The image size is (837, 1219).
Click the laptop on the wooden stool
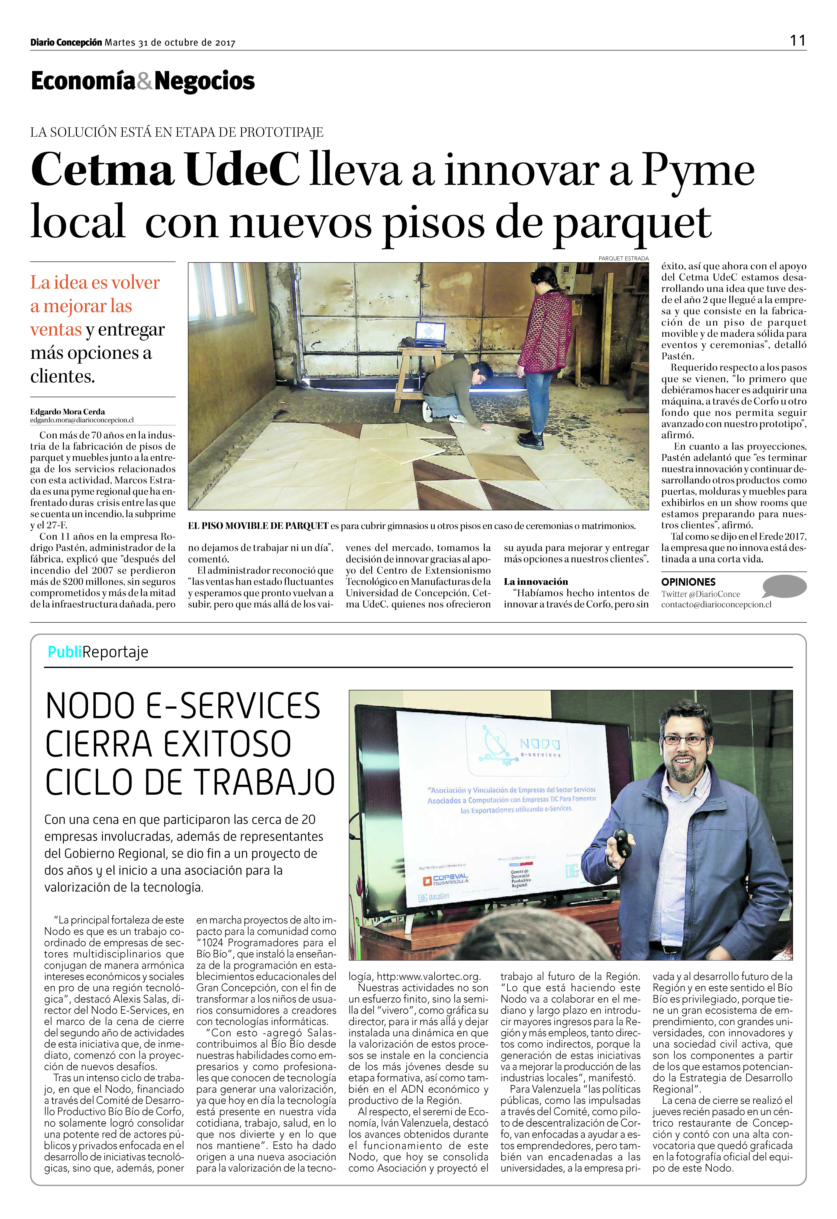click(x=430, y=334)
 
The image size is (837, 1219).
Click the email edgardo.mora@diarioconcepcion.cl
click(x=82, y=420)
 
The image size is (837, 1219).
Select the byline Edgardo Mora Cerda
click(x=68, y=412)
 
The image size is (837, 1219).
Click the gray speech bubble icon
click(x=784, y=586)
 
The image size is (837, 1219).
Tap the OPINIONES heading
click(x=688, y=582)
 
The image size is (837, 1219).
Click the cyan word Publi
click(x=65, y=652)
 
